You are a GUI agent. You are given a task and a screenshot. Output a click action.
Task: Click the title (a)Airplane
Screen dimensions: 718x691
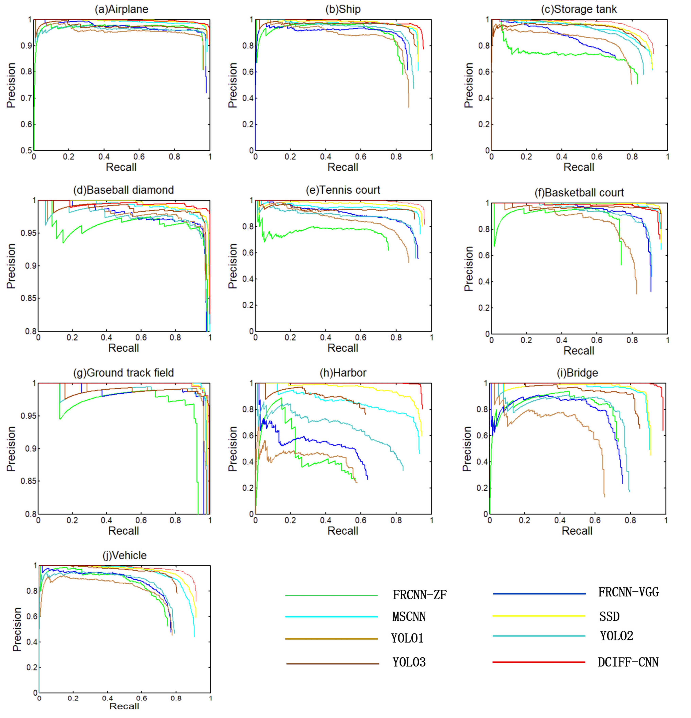coord(121,9)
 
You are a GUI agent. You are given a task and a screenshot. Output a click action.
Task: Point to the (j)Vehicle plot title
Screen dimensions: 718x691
coord(125,555)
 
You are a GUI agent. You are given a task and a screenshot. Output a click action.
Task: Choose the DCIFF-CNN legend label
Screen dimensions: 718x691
coord(628,662)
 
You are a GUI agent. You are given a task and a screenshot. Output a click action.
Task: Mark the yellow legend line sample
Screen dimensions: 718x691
coord(539,616)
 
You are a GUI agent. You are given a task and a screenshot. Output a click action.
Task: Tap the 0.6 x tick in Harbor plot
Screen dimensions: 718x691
coord(361,520)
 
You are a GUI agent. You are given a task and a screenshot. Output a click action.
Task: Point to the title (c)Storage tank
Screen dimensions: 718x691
coord(579,9)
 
